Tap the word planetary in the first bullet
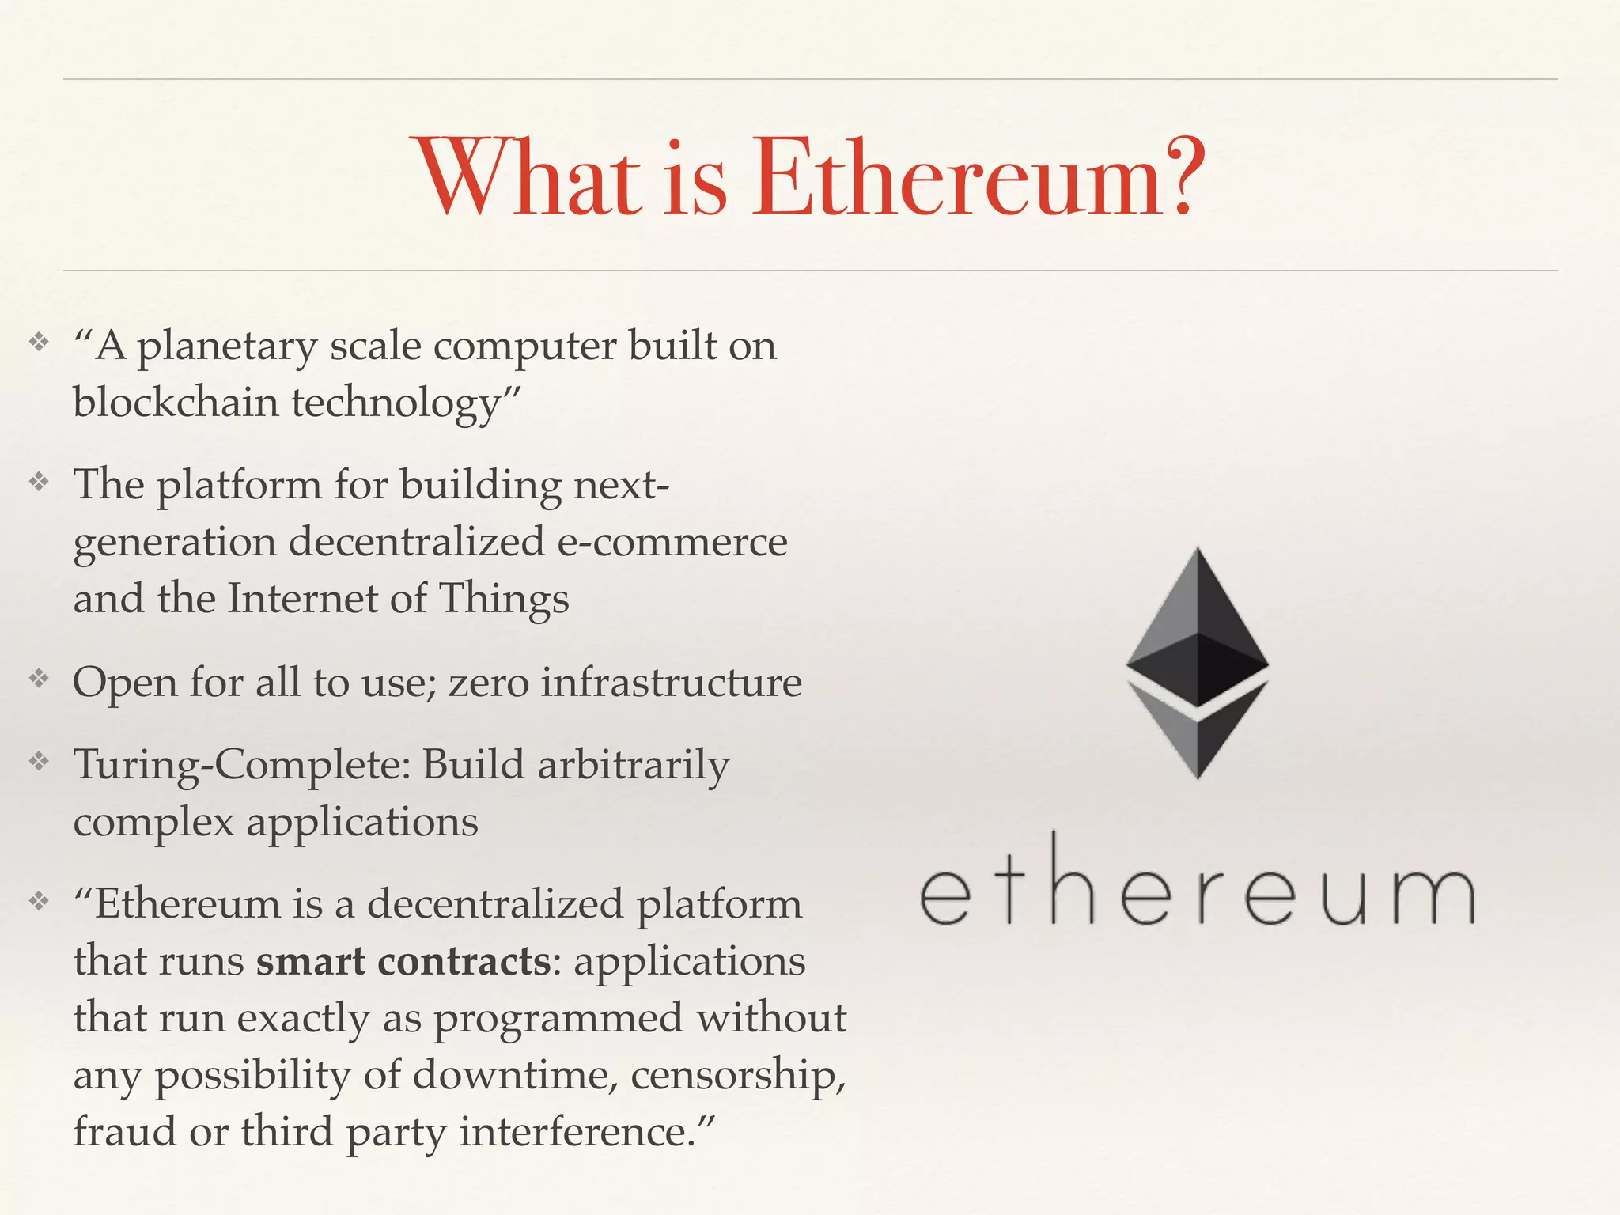[x=227, y=346]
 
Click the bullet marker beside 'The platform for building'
[x=39, y=482]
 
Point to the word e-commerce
[x=672, y=542]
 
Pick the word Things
[x=503, y=598]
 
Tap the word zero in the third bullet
[x=488, y=682]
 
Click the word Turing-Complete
[x=242, y=766]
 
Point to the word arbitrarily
[x=633, y=766]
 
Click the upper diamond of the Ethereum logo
[x=1198, y=625]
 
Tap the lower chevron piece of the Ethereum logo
[x=1198, y=732]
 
